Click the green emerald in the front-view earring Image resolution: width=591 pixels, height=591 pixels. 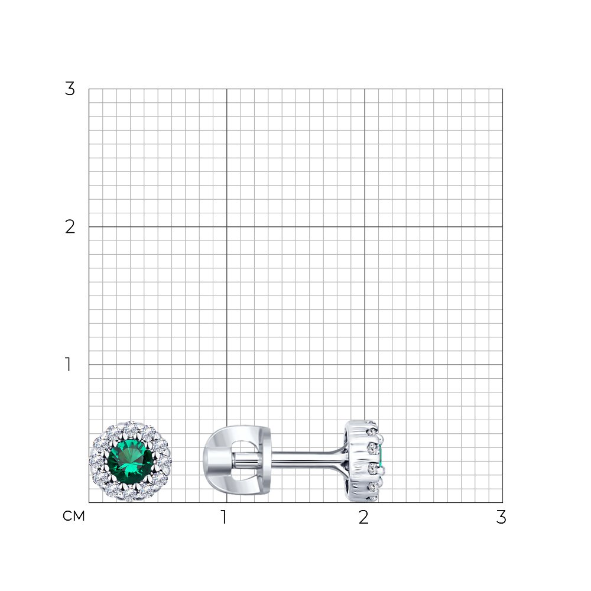(x=131, y=462)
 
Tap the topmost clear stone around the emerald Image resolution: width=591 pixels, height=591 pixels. (x=131, y=428)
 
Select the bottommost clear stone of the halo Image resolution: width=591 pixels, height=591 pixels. (x=130, y=495)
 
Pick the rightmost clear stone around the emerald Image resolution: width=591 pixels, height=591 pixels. (x=164, y=462)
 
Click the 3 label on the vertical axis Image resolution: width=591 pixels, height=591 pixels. (x=70, y=89)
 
